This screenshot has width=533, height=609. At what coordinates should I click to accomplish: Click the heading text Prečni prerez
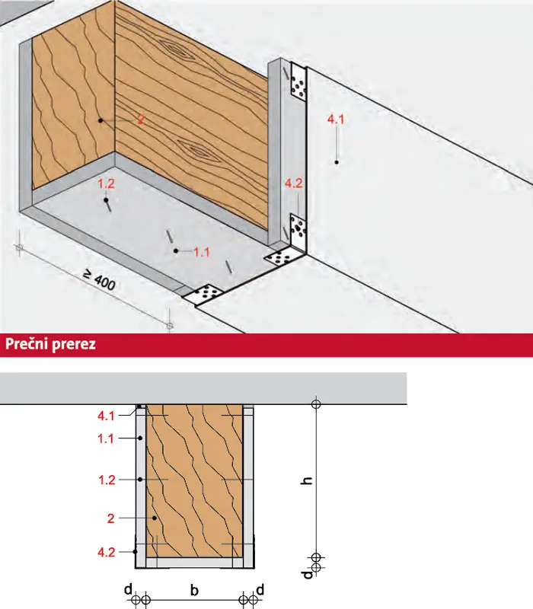(50, 344)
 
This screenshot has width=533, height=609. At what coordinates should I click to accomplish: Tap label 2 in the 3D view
(141, 120)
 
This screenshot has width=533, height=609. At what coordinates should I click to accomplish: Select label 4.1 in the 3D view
(336, 120)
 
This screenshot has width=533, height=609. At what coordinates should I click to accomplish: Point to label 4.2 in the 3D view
(293, 183)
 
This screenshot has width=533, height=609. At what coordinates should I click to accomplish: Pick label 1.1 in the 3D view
(202, 252)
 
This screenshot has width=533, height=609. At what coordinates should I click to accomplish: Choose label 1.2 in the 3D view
(106, 183)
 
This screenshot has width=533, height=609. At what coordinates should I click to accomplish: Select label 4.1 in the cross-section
(106, 416)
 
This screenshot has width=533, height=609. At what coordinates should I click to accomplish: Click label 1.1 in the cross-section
(105, 439)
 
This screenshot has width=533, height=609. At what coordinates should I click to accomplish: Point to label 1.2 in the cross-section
(107, 480)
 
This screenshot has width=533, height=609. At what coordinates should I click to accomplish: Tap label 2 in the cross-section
(111, 518)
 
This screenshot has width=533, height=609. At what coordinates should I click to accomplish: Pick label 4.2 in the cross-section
(106, 553)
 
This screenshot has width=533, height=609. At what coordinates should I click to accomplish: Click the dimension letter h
(307, 480)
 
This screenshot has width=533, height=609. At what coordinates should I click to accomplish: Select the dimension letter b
(194, 591)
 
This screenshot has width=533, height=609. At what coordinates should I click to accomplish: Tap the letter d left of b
(128, 589)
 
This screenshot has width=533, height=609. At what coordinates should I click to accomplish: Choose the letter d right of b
(260, 589)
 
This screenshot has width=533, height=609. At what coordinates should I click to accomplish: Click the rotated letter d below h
(308, 575)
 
